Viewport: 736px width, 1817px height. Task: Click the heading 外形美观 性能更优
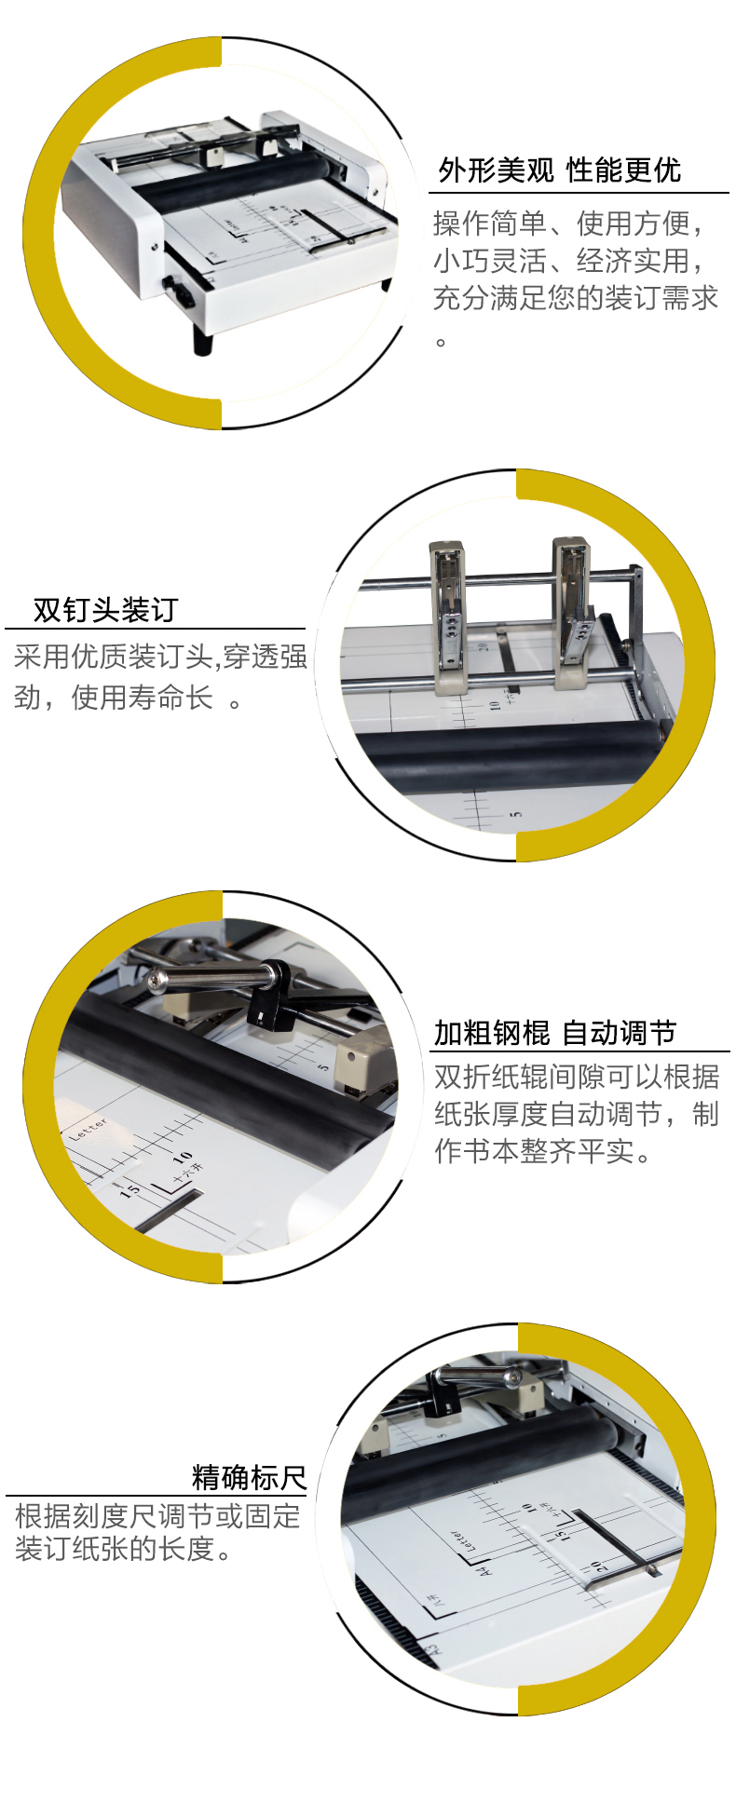click(x=560, y=170)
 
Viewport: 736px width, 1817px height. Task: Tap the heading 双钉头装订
click(x=105, y=610)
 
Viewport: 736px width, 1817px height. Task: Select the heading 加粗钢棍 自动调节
click(x=555, y=1033)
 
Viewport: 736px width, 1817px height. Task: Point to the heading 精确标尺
click(x=249, y=1477)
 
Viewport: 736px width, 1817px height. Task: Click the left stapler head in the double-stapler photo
click(x=447, y=615)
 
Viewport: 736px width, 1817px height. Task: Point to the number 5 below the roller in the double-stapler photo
click(x=515, y=816)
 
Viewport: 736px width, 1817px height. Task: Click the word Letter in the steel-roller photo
click(x=89, y=1128)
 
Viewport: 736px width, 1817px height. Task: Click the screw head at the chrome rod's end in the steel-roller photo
click(x=157, y=979)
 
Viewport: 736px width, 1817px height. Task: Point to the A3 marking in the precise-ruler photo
click(x=431, y=1649)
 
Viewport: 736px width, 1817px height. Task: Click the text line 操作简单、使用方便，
click(x=568, y=224)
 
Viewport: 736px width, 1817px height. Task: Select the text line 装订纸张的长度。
click(x=123, y=1548)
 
